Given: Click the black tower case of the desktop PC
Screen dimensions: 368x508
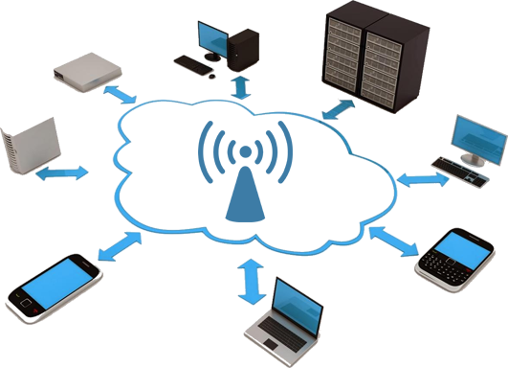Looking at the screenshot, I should pyautogui.click(x=243, y=45).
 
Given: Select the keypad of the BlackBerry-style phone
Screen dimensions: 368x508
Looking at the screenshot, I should pyautogui.click(x=446, y=264).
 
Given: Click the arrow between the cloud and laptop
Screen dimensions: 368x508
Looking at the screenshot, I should pyautogui.click(x=253, y=279).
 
